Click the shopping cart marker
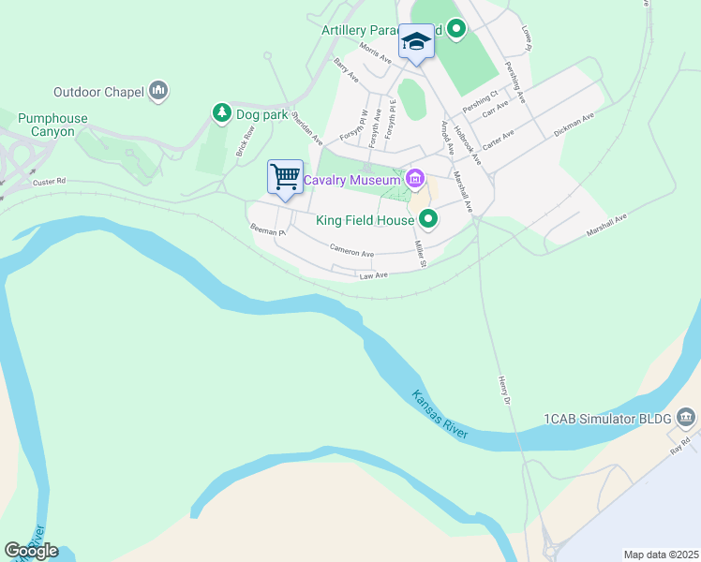click(285, 176)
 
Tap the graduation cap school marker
click(416, 42)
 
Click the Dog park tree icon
click(222, 113)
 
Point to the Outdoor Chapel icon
click(157, 91)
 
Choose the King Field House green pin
click(428, 220)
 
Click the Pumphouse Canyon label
click(52, 126)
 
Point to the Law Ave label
click(373, 275)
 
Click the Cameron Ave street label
click(351, 251)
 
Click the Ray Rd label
click(680, 445)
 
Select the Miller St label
click(421, 253)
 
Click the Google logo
click(31, 551)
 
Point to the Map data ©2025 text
click(660, 555)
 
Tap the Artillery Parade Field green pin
click(456, 30)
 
